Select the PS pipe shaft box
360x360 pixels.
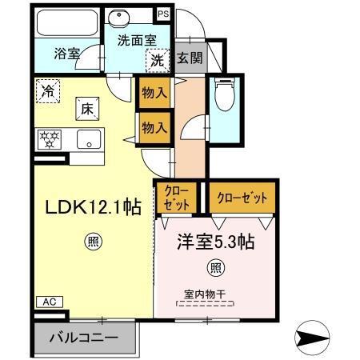(163, 14)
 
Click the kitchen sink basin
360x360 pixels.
(88, 138)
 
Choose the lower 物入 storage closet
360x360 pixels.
(154, 126)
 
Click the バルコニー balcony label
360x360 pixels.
(82, 336)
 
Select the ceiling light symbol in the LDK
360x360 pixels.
(93, 239)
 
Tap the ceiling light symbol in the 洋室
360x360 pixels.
(215, 268)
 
